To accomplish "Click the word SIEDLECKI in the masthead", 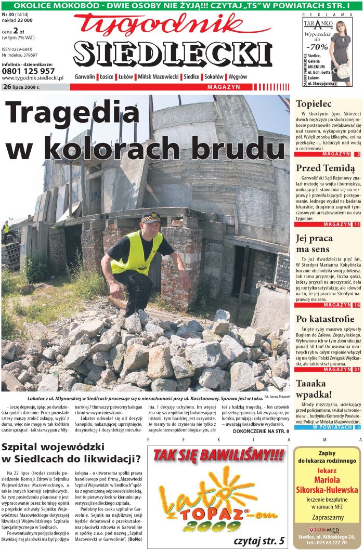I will click(x=173, y=53).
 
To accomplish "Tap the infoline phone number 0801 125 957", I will click(x=28, y=71).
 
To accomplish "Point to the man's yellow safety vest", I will click(x=136, y=254).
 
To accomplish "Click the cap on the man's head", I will click(x=150, y=217).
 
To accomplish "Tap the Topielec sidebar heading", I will click(x=314, y=104).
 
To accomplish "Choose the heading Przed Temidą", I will click(x=325, y=168).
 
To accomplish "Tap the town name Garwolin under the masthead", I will click(x=85, y=77).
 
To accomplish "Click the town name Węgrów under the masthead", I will click(x=238, y=77).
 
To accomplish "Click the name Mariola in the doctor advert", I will click(x=327, y=480).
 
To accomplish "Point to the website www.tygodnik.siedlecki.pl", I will click(x=32, y=78).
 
